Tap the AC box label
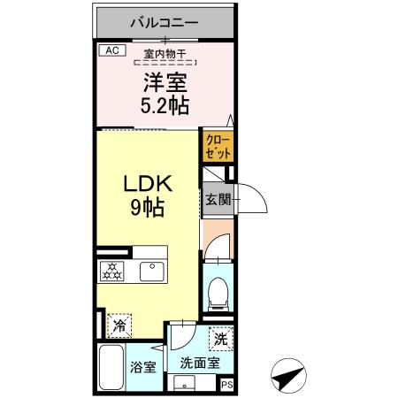[111, 50]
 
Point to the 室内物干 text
[165, 55]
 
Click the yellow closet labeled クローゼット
[218, 147]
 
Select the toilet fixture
[217, 292]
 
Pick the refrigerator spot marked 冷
[119, 325]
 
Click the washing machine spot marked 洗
[220, 339]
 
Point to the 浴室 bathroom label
[145, 367]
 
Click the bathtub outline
[111, 369]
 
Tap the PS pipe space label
[226, 384]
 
